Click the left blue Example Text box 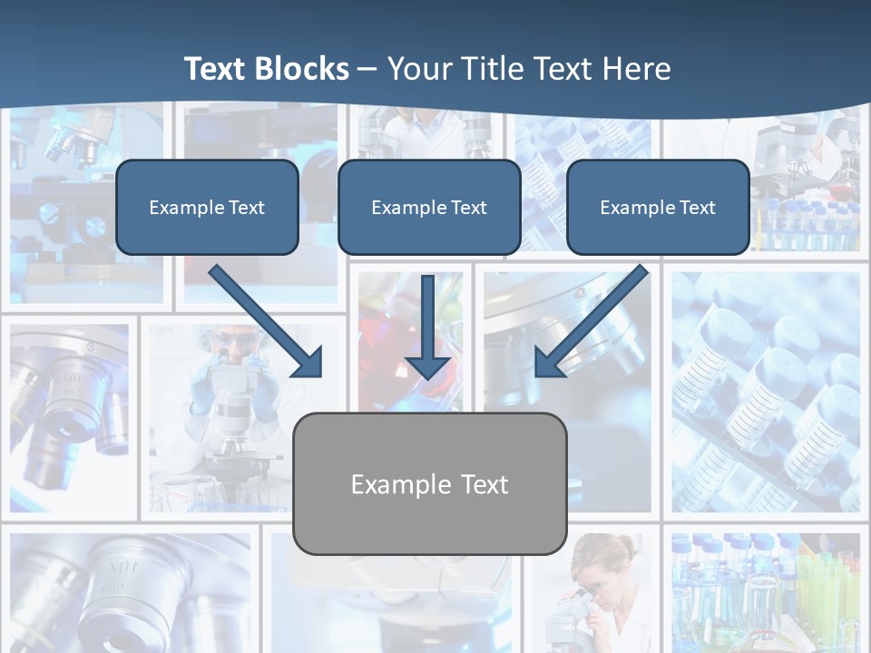click(x=207, y=207)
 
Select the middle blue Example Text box click(x=429, y=207)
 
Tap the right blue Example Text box click(x=658, y=207)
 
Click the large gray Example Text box click(x=430, y=483)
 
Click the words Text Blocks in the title click(x=266, y=69)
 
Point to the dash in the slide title click(x=367, y=70)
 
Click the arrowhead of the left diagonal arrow click(x=308, y=363)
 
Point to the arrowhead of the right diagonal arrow click(x=548, y=363)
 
